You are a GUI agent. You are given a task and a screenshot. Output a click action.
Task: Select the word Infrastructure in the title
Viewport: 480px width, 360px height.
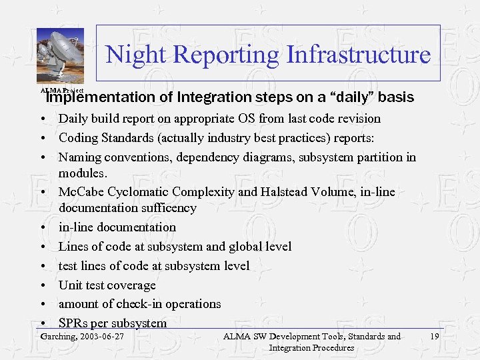click(359, 54)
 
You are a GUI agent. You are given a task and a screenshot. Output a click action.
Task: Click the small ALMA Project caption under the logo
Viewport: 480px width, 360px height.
click(61, 90)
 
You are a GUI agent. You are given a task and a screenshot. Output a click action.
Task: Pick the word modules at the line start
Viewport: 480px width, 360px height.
click(82, 173)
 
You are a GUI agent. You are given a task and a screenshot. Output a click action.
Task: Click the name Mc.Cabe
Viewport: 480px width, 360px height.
click(81, 192)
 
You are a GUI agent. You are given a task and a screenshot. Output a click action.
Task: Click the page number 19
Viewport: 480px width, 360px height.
click(435, 337)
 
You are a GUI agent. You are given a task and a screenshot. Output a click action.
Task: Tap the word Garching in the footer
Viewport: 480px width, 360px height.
click(57, 337)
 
